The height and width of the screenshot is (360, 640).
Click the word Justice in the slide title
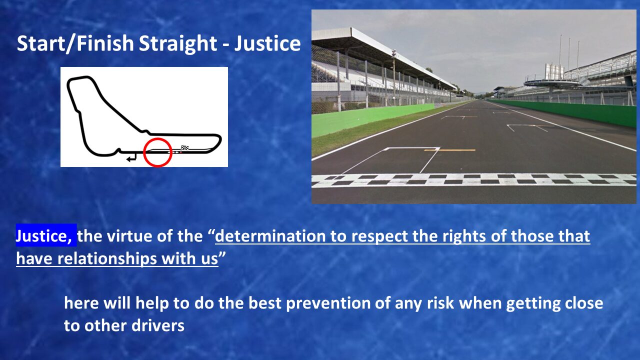click(x=267, y=43)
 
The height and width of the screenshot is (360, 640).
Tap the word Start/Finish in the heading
click(x=75, y=43)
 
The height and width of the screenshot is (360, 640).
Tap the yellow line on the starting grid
click(x=449, y=150)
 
